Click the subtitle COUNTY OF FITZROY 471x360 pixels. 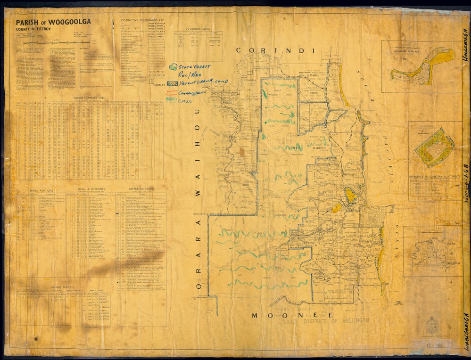point(29,29)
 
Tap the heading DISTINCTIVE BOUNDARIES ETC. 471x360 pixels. point(142,21)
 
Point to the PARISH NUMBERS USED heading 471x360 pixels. point(90,98)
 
